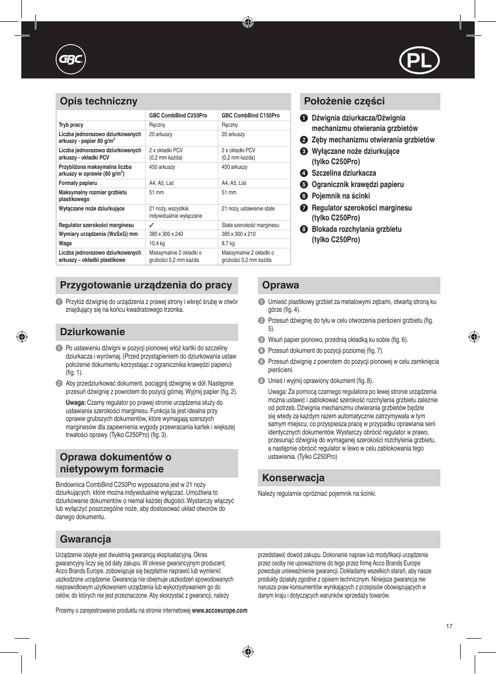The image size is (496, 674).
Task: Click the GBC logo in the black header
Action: point(70,60)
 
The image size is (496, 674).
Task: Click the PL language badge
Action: point(420,61)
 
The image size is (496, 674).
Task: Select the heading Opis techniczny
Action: point(99,101)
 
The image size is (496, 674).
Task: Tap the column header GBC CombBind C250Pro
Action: point(178,115)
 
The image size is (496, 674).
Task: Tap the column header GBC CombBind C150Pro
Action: point(251,115)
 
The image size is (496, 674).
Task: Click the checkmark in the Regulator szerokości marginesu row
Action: point(152,225)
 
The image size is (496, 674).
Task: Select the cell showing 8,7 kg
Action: point(228,243)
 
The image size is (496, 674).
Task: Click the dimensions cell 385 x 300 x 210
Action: point(239,234)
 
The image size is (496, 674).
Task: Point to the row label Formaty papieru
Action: point(78,183)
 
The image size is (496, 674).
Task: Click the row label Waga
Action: point(65,243)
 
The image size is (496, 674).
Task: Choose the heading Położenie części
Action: point(344,101)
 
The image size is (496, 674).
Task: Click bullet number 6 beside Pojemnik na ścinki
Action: point(304,196)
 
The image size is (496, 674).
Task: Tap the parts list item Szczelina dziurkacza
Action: point(344,173)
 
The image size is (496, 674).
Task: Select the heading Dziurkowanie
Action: point(93,332)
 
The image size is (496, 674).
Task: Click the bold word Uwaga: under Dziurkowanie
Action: point(75,403)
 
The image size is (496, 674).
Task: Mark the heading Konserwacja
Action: point(293,478)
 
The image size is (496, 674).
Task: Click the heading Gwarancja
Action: point(85,539)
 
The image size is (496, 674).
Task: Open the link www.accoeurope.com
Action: point(220,611)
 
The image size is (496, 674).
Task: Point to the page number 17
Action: point(449,626)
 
